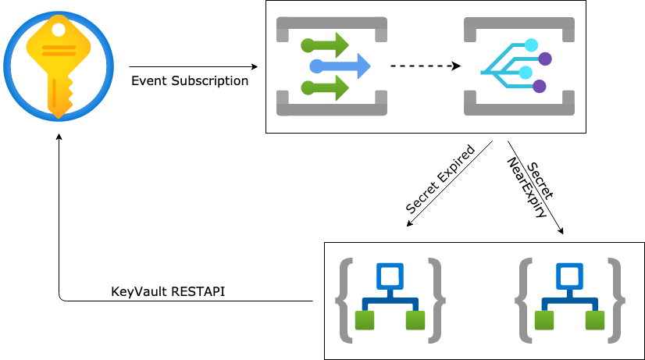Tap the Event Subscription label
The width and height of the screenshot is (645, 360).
tap(189, 80)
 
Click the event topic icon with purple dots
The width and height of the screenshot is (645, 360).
tap(518, 66)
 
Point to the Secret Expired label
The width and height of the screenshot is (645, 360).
tap(440, 180)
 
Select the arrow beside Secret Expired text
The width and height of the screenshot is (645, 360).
tap(449, 185)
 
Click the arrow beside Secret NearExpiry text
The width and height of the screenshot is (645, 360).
tap(536, 187)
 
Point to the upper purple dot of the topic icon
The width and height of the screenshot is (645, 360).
tap(544, 58)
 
